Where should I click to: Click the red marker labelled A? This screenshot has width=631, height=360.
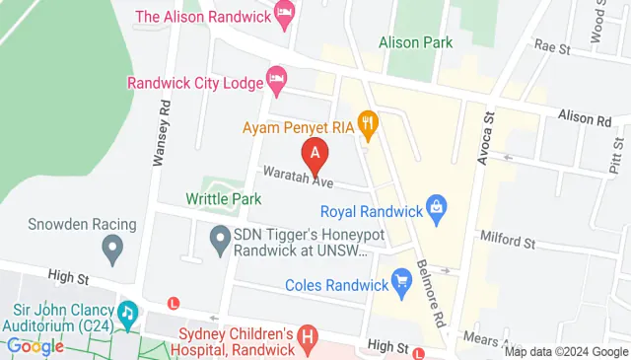point(315,155)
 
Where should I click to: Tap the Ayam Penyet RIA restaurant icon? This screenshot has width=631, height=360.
point(369,123)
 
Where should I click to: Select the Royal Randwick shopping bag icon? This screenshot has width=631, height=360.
point(435,208)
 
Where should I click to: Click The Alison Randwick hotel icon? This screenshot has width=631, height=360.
point(285,15)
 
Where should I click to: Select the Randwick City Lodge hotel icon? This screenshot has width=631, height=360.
point(277,78)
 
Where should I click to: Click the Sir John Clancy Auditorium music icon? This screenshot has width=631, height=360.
point(126,314)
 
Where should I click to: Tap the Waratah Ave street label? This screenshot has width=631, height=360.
point(298,179)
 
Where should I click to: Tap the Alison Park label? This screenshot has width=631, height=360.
point(416,42)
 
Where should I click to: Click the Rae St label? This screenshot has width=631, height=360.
point(552,46)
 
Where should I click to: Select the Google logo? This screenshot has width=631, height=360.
point(35,346)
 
